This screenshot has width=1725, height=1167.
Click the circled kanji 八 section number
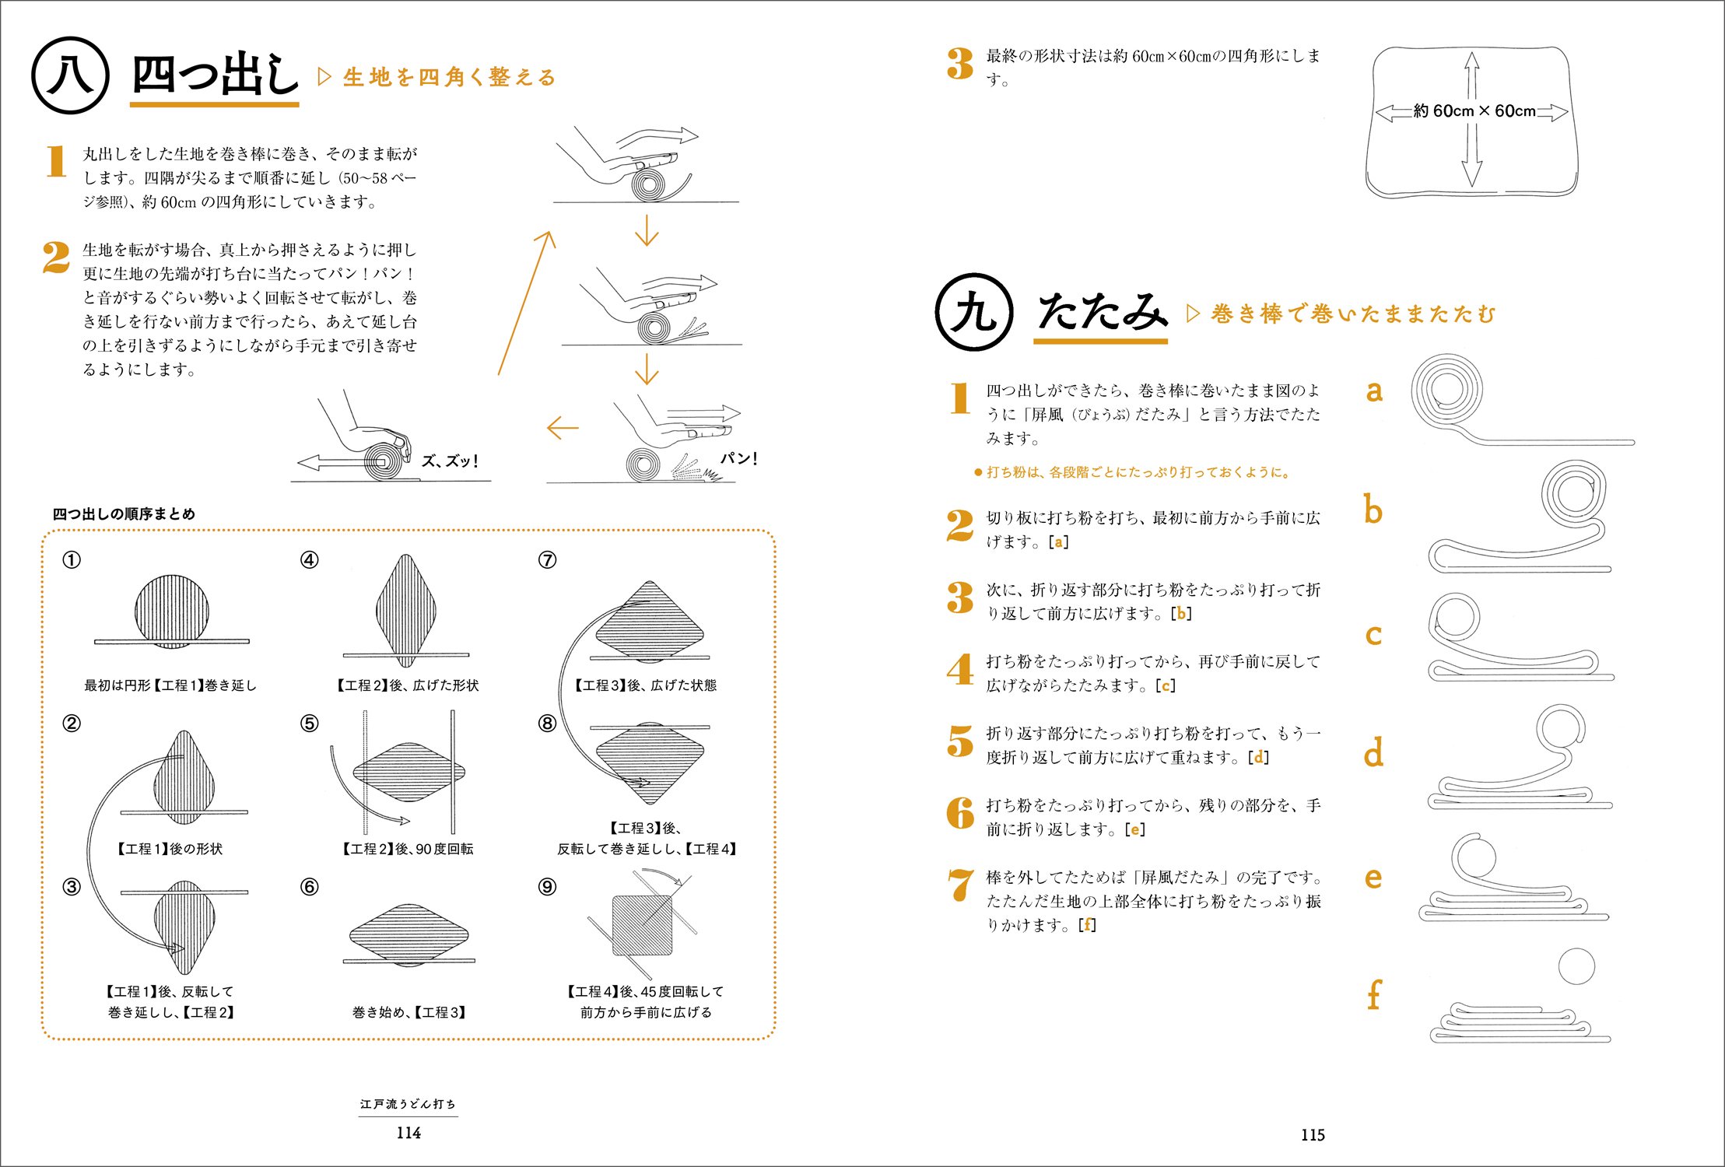coord(70,75)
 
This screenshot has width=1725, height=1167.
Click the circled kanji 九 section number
coord(973,312)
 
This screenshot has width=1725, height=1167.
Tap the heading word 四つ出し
coord(215,75)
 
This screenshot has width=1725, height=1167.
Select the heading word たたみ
coord(1102,312)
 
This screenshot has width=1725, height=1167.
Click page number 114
coord(408,1133)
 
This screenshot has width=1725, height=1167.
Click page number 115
coord(1313,1134)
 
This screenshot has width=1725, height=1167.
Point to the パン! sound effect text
coord(738,458)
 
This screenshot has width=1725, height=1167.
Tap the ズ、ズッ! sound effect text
coord(450,461)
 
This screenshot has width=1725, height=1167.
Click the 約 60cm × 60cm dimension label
coord(1474,111)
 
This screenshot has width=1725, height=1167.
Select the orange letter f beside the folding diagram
coord(1374,994)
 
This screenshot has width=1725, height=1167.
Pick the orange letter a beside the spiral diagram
coord(1374,390)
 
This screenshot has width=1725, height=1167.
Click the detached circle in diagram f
coord(1576,966)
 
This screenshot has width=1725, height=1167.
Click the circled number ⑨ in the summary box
coord(547,887)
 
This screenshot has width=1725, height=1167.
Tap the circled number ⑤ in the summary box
coord(309,724)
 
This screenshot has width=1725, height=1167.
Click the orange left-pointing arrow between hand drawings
coord(563,427)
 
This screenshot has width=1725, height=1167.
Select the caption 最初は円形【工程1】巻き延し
coord(170,685)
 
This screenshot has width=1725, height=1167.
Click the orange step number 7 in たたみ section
coord(961,885)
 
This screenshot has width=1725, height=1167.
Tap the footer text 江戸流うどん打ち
coord(408,1104)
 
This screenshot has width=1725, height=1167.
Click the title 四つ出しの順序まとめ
coord(124,514)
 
